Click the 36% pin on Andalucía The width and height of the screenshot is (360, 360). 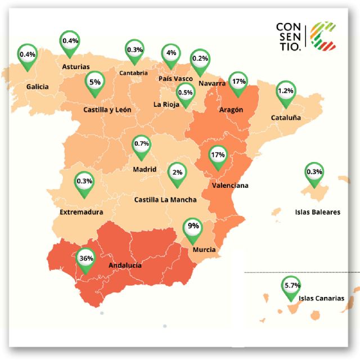[x=86, y=260]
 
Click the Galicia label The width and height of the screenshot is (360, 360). [x=38, y=87]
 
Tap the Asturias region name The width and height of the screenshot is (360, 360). [x=75, y=66]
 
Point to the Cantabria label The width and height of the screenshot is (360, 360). [x=134, y=73]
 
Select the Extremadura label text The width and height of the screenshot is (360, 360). [x=82, y=213]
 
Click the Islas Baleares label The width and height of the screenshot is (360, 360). [x=318, y=213]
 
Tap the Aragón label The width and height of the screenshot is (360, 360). [x=231, y=110]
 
